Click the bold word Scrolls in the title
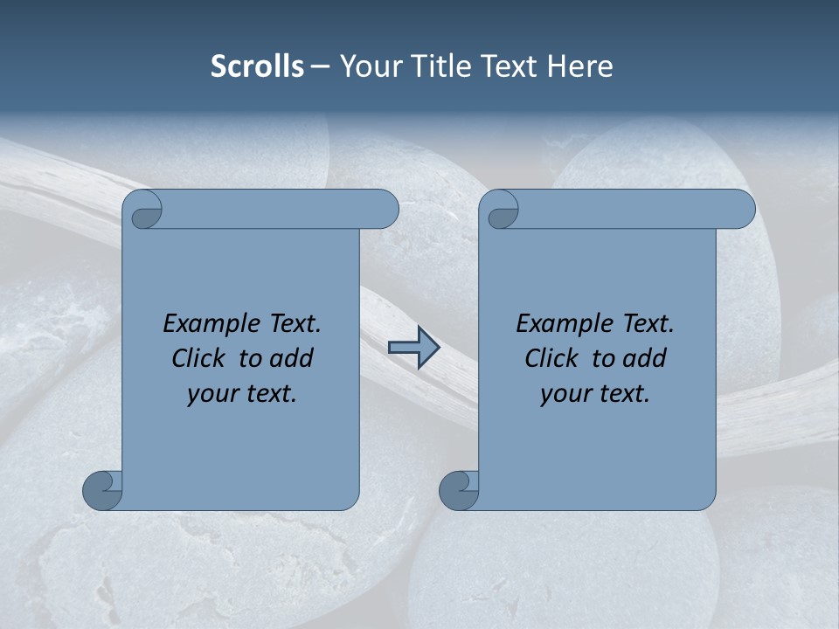[x=257, y=66]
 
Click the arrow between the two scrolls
[x=413, y=349]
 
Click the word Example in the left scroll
[x=210, y=324]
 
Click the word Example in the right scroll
[x=563, y=324]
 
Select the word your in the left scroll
[x=212, y=394]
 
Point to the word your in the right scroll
[x=565, y=394]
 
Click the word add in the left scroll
[x=292, y=359]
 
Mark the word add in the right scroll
[x=645, y=359]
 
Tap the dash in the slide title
[x=320, y=66]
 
